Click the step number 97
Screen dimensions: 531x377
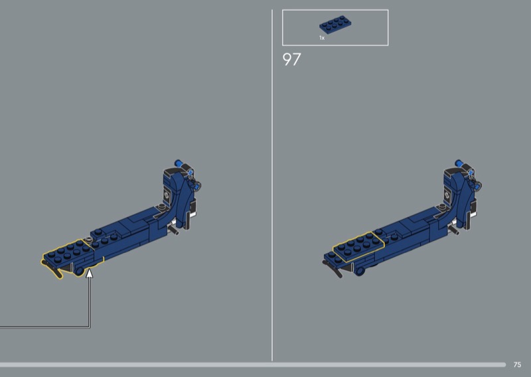(291, 59)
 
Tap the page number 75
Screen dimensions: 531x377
(517, 364)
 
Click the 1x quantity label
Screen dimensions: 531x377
(322, 38)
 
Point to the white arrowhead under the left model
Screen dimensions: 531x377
(89, 273)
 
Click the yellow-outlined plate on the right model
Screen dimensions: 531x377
(358, 246)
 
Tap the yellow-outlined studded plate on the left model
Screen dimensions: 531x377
(68, 254)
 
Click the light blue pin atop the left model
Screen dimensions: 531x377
(179, 163)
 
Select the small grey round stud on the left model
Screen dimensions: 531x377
(89, 240)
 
